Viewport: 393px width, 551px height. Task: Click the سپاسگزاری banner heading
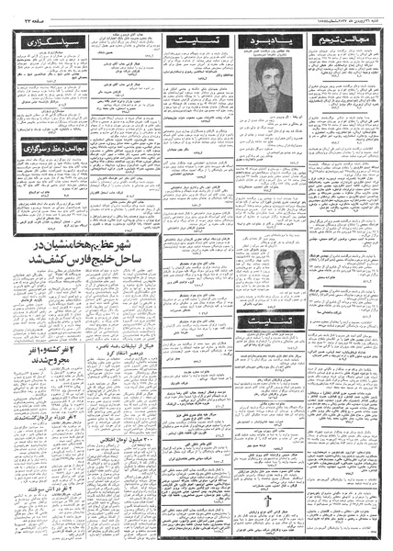click(x=42, y=42)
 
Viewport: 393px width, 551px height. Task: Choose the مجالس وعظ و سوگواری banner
click(x=42, y=174)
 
